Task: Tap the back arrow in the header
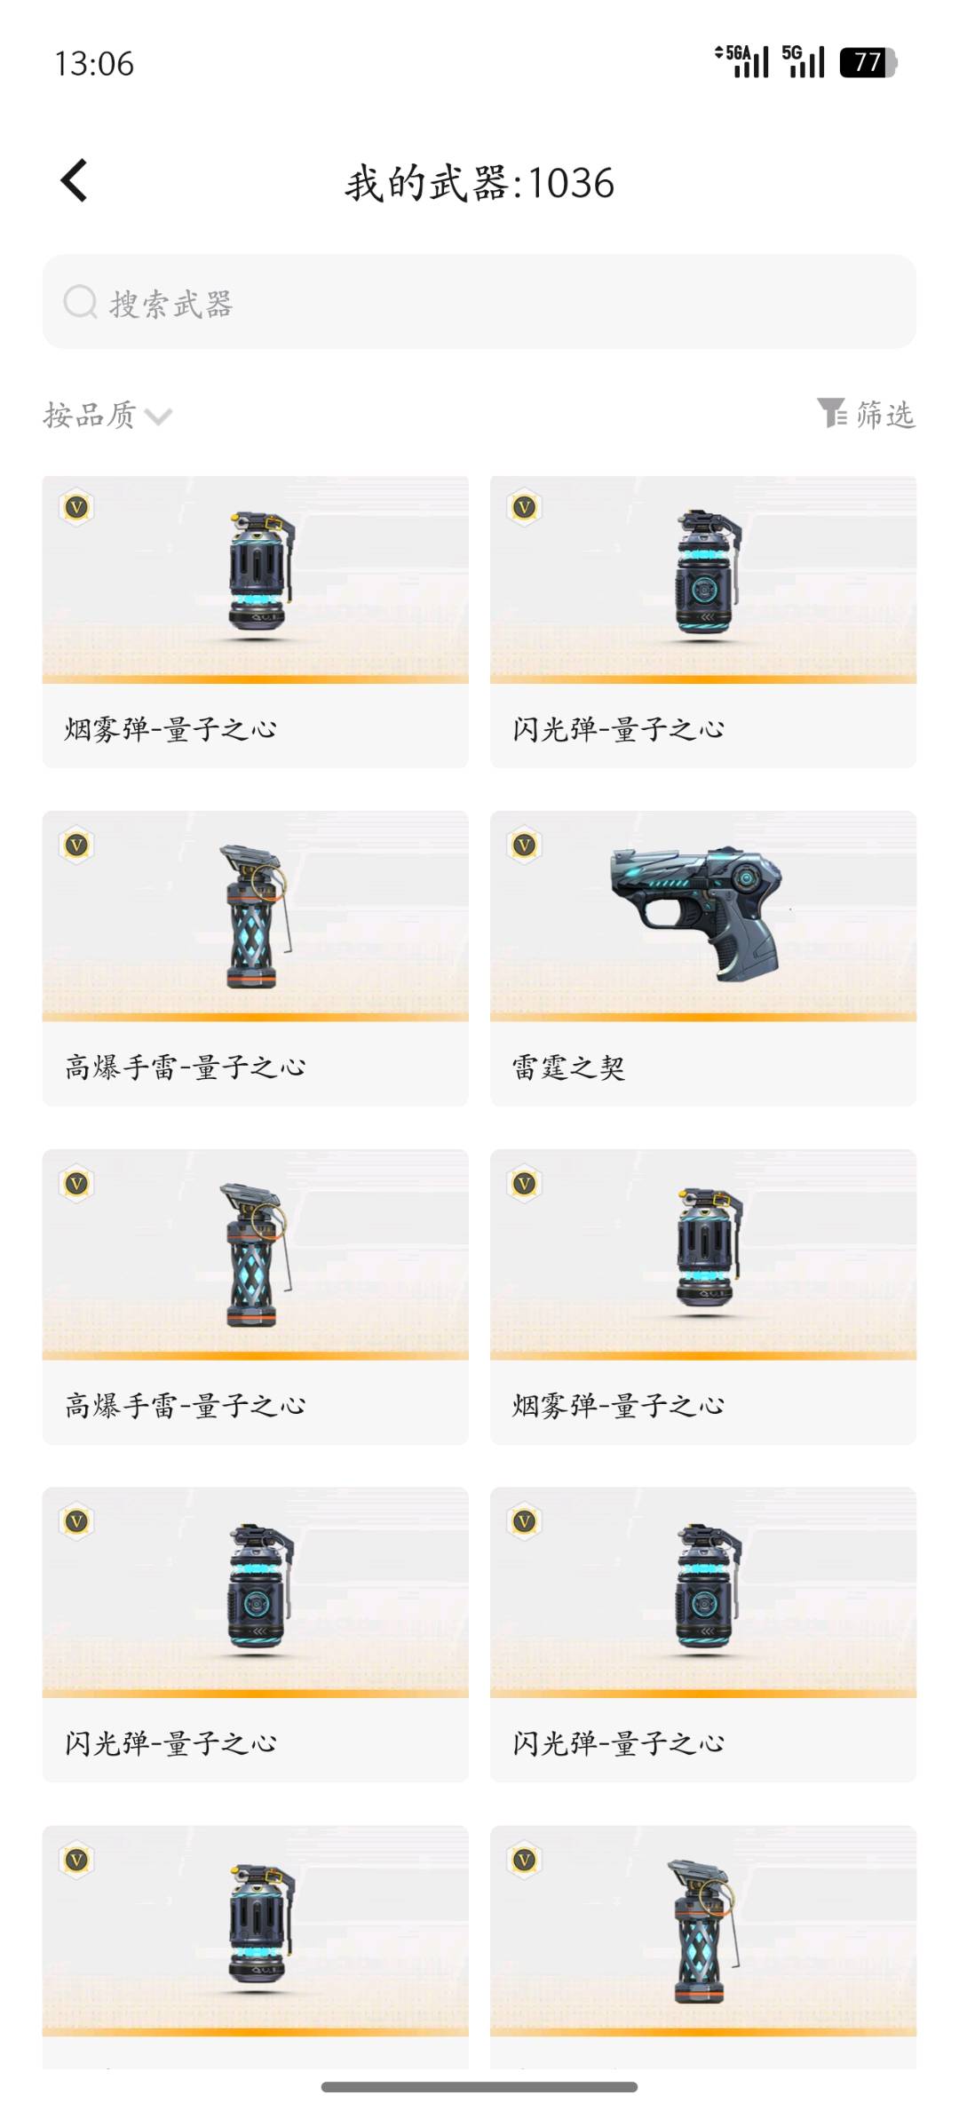point(74,180)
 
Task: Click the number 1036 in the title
point(571,184)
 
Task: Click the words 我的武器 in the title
point(426,184)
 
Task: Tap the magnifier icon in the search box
point(80,302)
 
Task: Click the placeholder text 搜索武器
point(171,304)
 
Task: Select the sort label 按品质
point(89,415)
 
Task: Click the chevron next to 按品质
point(158,417)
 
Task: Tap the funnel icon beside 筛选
point(832,413)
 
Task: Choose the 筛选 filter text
point(885,415)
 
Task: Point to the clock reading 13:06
point(94,64)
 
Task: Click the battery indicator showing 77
point(868,62)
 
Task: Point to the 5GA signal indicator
point(742,61)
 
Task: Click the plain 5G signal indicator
point(804,61)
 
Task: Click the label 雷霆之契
point(568,1067)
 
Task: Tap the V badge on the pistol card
point(525,845)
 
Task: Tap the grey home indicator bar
point(479,2087)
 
